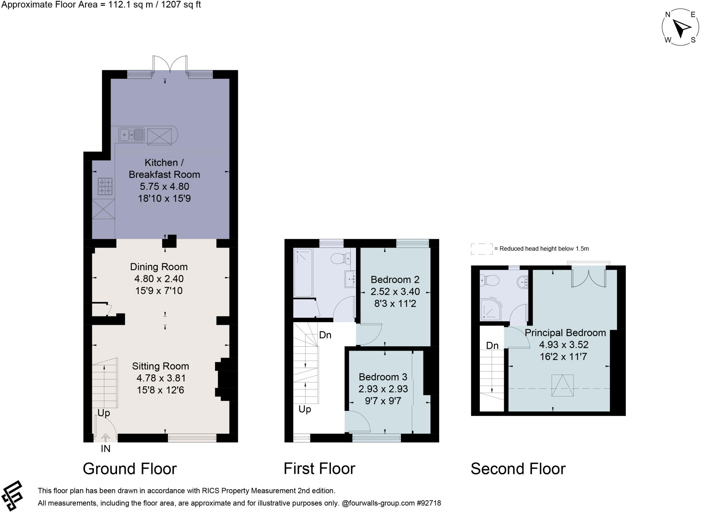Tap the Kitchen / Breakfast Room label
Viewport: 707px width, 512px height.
[x=164, y=168]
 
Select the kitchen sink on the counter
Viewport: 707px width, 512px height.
[x=131, y=135]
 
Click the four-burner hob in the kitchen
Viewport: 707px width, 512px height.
[x=105, y=186]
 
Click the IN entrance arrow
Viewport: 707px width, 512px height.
[x=106, y=438]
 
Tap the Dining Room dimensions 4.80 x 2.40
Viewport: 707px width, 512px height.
[x=159, y=279]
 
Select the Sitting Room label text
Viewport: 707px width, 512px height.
[x=161, y=366]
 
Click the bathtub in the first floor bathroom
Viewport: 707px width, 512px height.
[x=303, y=272]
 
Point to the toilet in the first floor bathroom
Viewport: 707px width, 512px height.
[x=340, y=258]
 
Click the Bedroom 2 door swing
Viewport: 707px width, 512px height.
[x=369, y=334]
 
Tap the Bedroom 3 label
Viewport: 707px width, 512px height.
[x=383, y=377]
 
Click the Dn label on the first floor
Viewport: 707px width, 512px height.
[x=325, y=335]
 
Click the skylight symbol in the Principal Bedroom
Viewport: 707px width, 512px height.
[x=562, y=386]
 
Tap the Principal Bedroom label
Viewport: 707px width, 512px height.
[x=565, y=333]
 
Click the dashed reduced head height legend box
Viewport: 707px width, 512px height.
[x=482, y=249]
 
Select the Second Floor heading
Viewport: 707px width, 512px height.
[x=518, y=469]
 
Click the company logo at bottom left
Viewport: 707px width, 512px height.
[x=12, y=496]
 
